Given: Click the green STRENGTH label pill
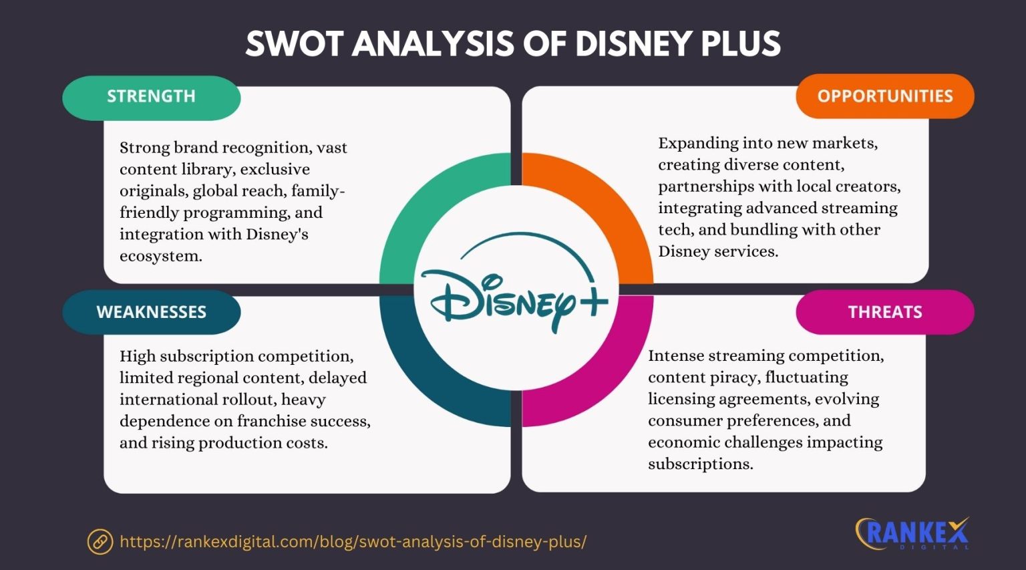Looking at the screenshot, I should pyautogui.click(x=151, y=97).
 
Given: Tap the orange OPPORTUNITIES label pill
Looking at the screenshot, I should pyautogui.click(x=884, y=96).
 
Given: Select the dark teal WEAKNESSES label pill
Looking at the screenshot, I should pyautogui.click(x=151, y=312).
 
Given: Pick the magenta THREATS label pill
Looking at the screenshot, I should pyautogui.click(x=884, y=312).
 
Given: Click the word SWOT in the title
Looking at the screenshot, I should pyautogui.click(x=293, y=44).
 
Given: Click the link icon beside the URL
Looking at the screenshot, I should pyautogui.click(x=100, y=541).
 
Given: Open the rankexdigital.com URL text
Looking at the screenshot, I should pyautogui.click(x=353, y=541).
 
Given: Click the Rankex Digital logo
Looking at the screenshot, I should pyautogui.click(x=912, y=533).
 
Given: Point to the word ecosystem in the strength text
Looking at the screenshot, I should pyautogui.click(x=160, y=256).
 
